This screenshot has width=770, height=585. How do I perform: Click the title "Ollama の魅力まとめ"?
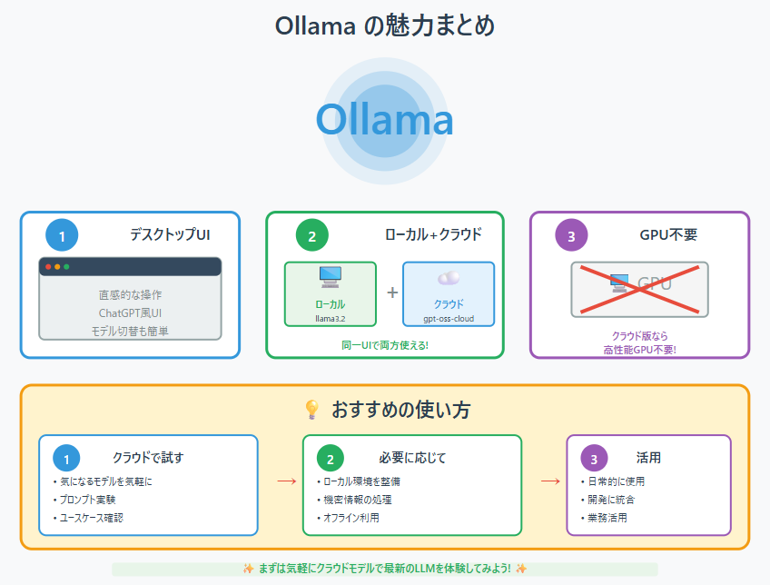coord(384,25)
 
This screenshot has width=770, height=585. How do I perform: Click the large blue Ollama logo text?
coord(384,120)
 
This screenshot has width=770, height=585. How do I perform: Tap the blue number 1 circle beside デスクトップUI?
coord(62,235)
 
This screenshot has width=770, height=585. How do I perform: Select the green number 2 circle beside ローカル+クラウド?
coord(311,235)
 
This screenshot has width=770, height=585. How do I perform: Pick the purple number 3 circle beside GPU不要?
coord(571,235)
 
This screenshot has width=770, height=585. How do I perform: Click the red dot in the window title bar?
coord(48,267)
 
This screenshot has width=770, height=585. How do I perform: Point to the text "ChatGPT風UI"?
coord(130,312)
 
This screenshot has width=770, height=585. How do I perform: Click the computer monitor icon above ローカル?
coord(330,276)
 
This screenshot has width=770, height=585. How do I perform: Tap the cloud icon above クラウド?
coord(449,278)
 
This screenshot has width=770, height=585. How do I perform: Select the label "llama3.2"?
coord(330,319)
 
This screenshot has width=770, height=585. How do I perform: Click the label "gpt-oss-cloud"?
coord(449,319)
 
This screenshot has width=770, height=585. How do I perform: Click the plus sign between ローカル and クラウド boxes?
coord(392,292)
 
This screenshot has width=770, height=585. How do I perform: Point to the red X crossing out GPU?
coord(639,289)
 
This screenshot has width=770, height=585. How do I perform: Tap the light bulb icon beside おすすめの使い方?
coord(311,409)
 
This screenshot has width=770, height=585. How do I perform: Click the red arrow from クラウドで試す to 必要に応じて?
coord(287,481)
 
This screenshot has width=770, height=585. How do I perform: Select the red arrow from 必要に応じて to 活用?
coord(550,481)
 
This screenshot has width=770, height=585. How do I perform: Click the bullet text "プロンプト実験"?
coord(87,500)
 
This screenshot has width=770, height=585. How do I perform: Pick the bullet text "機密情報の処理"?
coord(358,500)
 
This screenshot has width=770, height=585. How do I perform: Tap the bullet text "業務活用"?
coord(607,518)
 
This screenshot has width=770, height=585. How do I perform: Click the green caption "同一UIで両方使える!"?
coord(385,345)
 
